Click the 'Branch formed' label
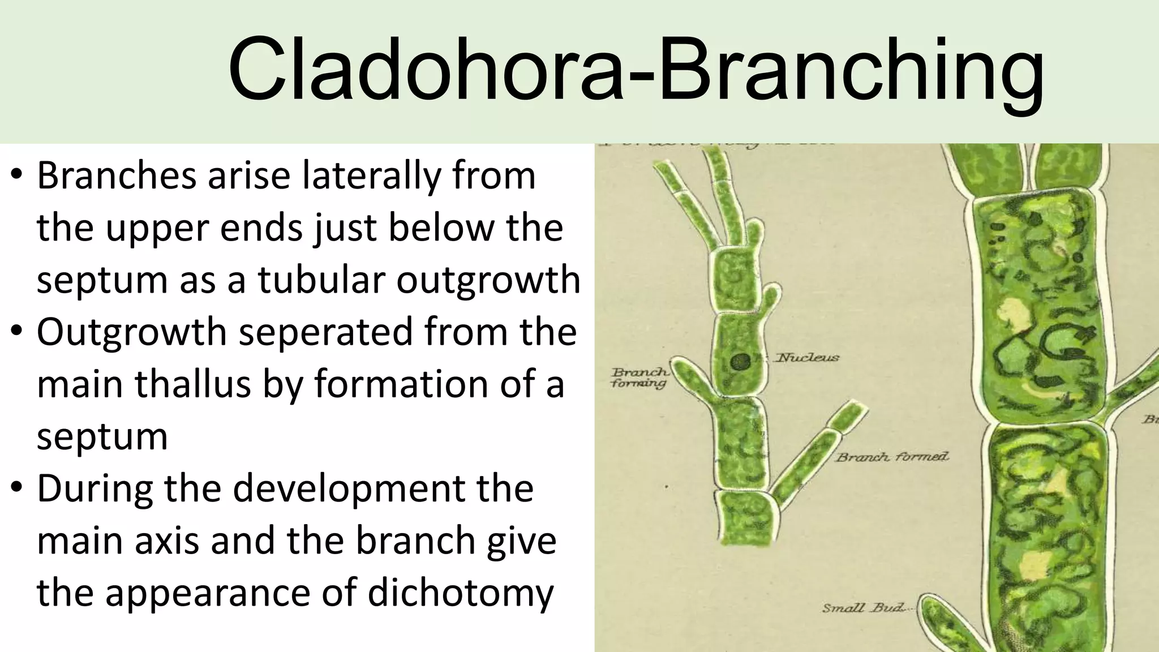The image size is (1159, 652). point(892,457)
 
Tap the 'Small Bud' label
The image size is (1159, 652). point(868,609)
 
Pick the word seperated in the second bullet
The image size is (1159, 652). point(325,332)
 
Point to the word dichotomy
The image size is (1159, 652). point(460,593)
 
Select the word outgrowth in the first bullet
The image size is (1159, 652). point(488,280)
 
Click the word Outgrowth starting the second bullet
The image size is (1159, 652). point(131,332)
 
